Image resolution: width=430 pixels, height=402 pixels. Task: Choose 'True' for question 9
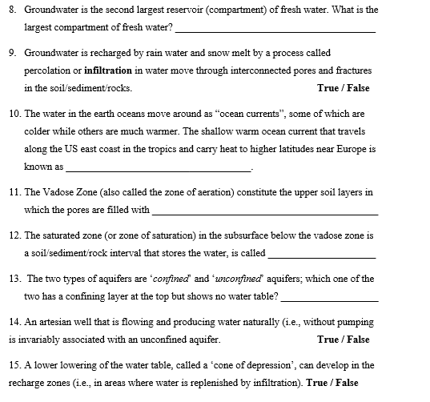click(x=329, y=87)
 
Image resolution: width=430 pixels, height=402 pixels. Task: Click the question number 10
click(x=14, y=114)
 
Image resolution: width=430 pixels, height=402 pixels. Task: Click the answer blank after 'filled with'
click(x=264, y=213)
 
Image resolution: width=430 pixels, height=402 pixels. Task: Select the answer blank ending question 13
click(x=329, y=299)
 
